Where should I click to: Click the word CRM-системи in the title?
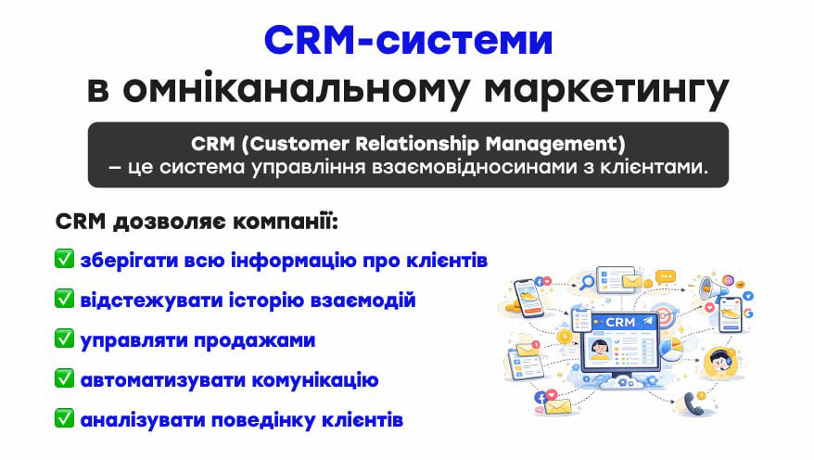[408, 40]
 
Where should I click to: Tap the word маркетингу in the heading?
[606, 90]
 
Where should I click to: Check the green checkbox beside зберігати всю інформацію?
[64, 259]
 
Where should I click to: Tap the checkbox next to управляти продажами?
[64, 339]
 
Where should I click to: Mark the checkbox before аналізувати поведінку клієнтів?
[64, 418]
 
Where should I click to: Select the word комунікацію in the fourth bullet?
[315, 380]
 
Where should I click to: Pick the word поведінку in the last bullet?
[262, 420]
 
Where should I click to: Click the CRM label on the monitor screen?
[620, 322]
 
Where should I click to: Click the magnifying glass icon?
[588, 283]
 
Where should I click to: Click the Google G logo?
[747, 313]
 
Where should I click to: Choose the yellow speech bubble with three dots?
[665, 276]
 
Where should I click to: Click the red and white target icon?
[661, 315]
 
